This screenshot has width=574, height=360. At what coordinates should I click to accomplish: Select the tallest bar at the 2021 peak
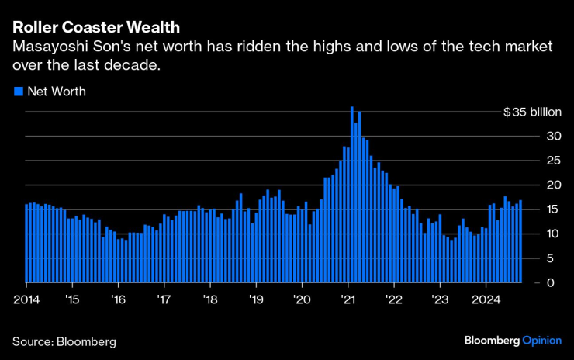pyautogui.click(x=351, y=194)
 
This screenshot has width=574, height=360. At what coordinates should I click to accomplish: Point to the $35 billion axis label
pyautogui.click(x=531, y=112)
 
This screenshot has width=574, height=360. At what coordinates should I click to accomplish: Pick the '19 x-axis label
pyautogui.click(x=255, y=298)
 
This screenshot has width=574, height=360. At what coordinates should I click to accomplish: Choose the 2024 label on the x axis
pyautogui.click(x=486, y=298)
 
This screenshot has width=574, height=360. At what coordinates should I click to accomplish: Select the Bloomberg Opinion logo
pyautogui.click(x=513, y=340)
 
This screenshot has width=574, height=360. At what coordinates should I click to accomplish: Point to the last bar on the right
pyautogui.click(x=520, y=241)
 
